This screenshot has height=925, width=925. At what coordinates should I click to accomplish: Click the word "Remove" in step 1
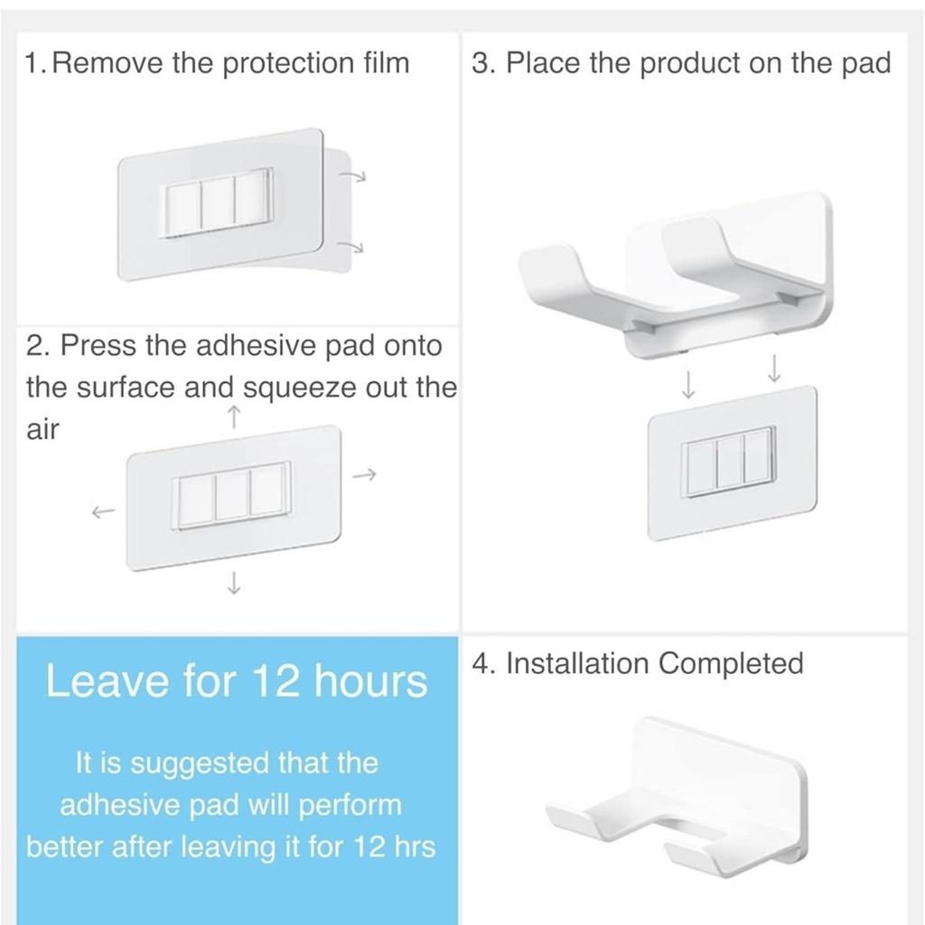[107, 62]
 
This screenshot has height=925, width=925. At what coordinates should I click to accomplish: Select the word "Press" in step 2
[98, 345]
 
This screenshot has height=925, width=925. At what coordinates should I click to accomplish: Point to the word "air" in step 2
[42, 429]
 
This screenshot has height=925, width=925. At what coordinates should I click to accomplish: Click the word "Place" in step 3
[543, 62]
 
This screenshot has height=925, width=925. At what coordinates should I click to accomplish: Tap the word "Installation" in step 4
[577, 663]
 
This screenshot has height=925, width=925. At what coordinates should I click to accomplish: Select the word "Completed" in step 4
[731, 664]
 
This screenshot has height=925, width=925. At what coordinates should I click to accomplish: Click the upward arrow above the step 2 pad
[234, 416]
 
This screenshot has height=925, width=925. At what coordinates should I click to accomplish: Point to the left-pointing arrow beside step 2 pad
[103, 512]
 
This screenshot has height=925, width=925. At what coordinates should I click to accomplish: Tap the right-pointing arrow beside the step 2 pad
[365, 474]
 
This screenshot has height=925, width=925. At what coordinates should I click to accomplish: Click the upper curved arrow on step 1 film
[353, 175]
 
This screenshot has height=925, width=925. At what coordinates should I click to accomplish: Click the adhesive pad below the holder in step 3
[732, 463]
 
